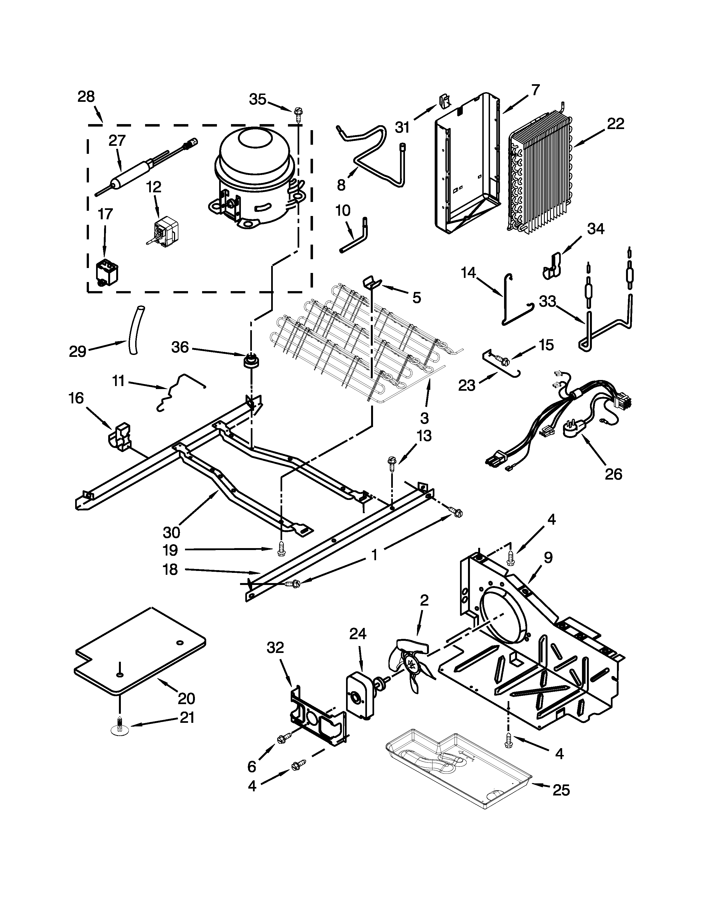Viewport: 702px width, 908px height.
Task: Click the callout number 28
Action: (x=86, y=97)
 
